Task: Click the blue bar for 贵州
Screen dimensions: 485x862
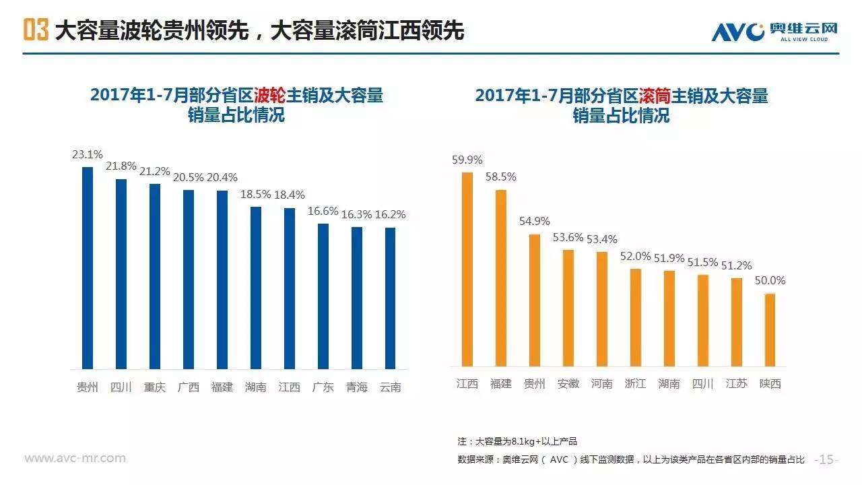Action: (x=88, y=267)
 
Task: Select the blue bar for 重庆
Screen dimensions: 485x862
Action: (x=155, y=276)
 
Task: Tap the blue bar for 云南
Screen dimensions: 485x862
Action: (x=391, y=298)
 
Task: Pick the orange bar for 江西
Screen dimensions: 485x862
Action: (x=467, y=269)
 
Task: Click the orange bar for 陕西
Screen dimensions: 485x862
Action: (x=770, y=330)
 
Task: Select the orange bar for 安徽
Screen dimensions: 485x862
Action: (x=568, y=308)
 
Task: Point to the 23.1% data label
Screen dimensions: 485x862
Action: (x=88, y=154)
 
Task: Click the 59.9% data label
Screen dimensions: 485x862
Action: (x=467, y=160)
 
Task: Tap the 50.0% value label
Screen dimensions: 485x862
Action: (x=770, y=281)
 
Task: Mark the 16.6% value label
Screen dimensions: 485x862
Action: (x=323, y=212)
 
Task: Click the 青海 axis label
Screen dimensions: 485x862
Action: (x=357, y=387)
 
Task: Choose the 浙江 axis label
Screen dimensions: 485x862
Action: (x=636, y=384)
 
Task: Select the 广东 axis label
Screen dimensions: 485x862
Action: (x=323, y=387)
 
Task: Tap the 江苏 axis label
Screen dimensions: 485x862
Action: (x=737, y=384)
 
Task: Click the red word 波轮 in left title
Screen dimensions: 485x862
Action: (x=270, y=95)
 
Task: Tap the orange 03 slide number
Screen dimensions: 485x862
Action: (x=36, y=30)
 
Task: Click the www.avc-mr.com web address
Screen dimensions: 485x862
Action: (x=75, y=459)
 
